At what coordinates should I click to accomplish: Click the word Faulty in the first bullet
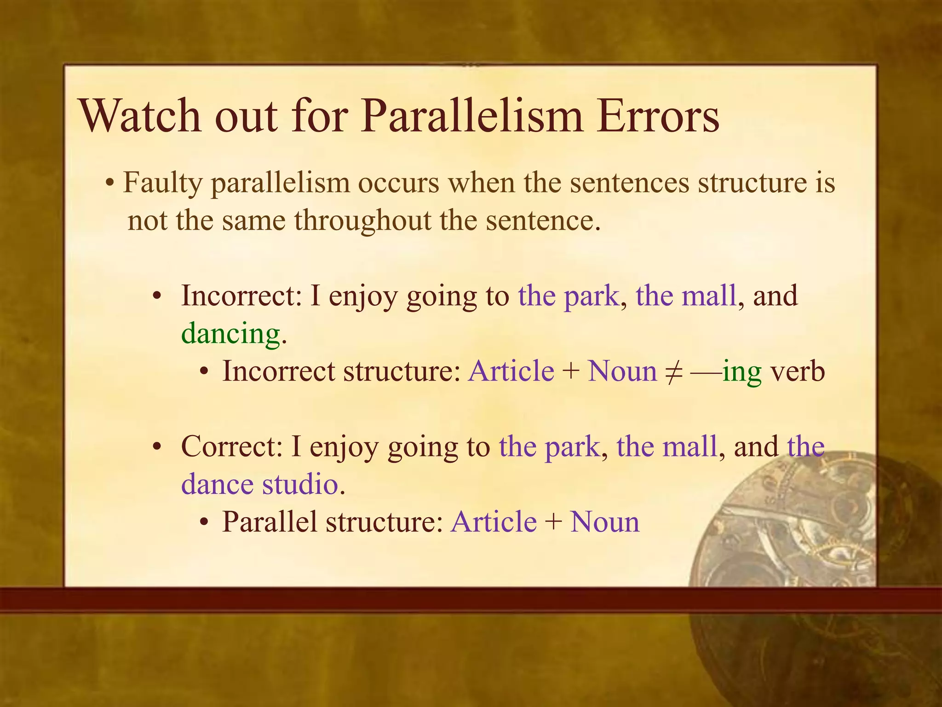(163, 183)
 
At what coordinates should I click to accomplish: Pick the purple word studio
(300, 484)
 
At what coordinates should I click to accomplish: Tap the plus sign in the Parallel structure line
(553, 523)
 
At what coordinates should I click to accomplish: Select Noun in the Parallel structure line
(605, 522)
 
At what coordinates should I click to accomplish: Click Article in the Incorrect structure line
(511, 371)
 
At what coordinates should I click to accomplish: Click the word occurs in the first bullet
(398, 183)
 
